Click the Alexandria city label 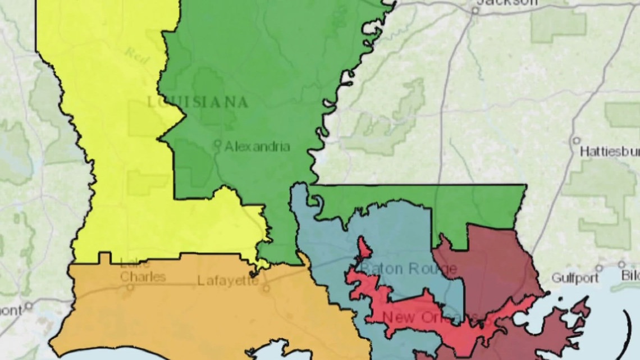click(257, 147)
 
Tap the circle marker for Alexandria click(218, 144)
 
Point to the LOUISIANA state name click(197, 102)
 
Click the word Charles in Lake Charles click(143, 277)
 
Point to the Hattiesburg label click(609, 152)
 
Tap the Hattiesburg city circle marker click(576, 140)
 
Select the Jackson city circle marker click(475, 10)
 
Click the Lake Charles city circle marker click(130, 286)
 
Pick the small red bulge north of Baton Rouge click(363, 247)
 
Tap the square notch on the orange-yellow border click(104, 258)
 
